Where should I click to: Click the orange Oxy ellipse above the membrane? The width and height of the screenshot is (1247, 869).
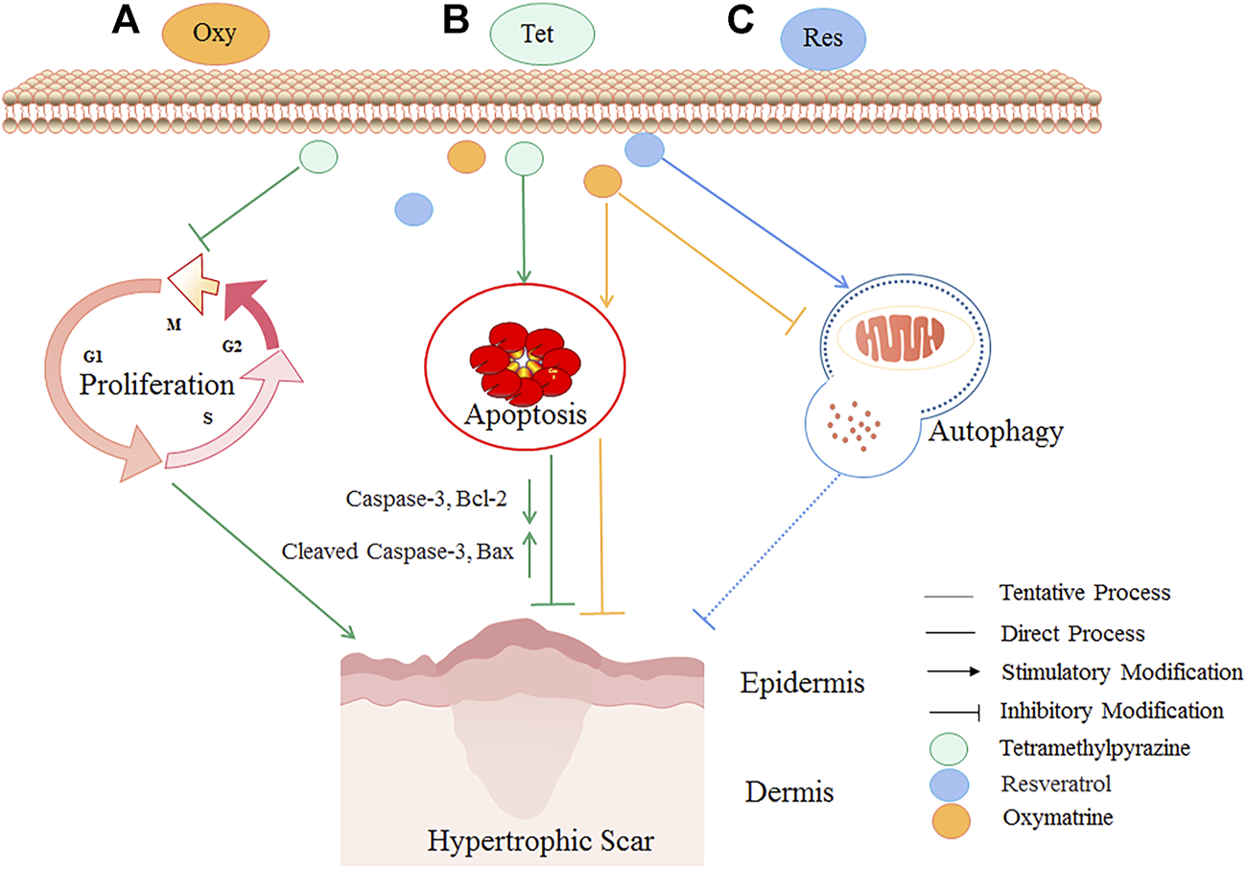(216, 34)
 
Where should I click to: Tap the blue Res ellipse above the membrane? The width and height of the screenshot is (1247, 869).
(823, 38)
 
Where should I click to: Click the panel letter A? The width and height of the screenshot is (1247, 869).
(126, 21)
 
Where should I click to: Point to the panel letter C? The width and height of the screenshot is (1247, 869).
(741, 20)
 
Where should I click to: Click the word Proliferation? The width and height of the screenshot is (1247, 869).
(157, 385)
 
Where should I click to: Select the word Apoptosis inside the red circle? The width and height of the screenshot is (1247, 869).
(526, 415)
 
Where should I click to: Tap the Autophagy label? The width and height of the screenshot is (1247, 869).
(996, 432)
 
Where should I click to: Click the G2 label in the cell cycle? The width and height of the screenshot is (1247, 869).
(232, 347)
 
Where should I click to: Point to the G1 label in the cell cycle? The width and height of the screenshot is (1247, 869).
(93, 356)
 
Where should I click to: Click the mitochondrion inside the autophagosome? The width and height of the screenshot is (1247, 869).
(900, 338)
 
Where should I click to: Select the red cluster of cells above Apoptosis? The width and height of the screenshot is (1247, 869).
(525, 363)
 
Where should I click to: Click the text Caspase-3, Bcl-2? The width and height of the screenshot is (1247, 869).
(427, 499)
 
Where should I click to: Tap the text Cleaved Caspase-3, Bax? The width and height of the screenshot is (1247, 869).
(397, 552)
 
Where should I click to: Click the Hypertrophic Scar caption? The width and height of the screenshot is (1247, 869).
(541, 841)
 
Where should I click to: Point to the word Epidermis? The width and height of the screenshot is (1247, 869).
(802, 684)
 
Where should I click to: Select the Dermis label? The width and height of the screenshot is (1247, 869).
(789, 791)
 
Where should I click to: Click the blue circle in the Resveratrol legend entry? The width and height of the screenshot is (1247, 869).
(950, 785)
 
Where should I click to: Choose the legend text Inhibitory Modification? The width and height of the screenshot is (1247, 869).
(1112, 711)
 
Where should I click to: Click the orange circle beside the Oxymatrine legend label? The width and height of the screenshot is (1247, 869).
(952, 821)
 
